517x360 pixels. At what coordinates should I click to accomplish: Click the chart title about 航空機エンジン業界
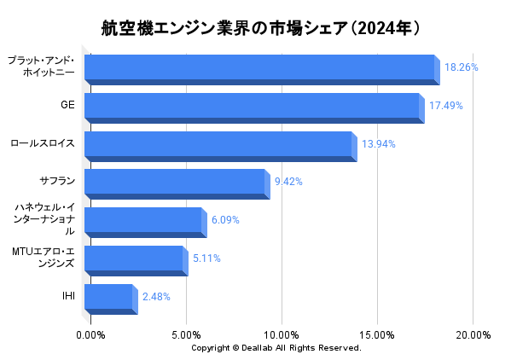tap(258, 27)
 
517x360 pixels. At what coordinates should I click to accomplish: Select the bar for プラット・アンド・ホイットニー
tap(260, 68)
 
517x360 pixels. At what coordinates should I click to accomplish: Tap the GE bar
tap(253, 107)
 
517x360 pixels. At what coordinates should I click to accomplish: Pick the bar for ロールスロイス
tap(218, 145)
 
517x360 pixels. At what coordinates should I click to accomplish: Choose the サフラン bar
tap(175, 183)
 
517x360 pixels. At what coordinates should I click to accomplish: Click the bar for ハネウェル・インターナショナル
tap(143, 221)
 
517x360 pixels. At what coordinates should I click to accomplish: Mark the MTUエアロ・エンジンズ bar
tap(134, 259)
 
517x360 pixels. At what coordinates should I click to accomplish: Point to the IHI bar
tap(109, 298)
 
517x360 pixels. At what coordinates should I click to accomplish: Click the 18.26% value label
tap(461, 67)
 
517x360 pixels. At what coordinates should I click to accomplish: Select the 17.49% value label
tap(445, 105)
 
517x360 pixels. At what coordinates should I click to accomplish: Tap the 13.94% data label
tap(378, 144)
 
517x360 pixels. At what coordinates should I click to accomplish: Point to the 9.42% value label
tap(288, 182)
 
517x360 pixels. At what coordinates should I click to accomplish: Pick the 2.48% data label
tap(156, 297)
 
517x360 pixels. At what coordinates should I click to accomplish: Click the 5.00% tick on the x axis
tap(187, 334)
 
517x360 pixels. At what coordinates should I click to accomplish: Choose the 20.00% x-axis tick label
tap(473, 334)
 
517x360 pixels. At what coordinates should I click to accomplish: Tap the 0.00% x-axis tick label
tap(91, 334)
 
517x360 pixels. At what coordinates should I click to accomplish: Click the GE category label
tap(67, 105)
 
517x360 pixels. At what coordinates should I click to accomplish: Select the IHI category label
tap(68, 296)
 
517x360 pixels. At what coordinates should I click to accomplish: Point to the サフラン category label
tap(57, 181)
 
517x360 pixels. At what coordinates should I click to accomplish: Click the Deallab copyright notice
tap(276, 348)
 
